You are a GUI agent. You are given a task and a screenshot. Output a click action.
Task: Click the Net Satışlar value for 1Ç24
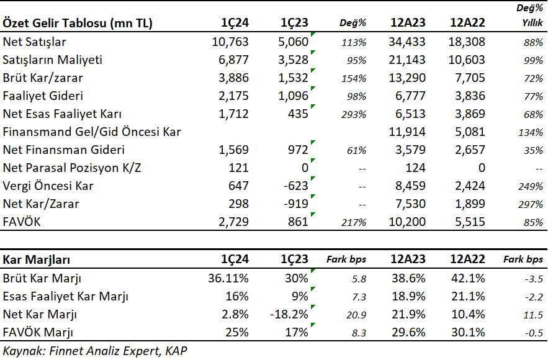click(x=230, y=42)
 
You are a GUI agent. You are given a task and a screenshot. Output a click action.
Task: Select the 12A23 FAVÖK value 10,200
click(x=407, y=222)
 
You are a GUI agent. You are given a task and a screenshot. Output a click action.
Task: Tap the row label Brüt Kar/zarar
click(x=43, y=78)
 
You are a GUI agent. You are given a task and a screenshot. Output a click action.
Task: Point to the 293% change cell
click(x=354, y=114)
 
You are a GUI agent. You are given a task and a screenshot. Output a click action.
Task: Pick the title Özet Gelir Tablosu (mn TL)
click(x=78, y=23)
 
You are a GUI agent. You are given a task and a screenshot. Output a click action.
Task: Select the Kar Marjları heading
click(x=37, y=259)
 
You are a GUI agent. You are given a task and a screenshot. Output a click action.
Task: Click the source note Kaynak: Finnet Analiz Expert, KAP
click(x=95, y=351)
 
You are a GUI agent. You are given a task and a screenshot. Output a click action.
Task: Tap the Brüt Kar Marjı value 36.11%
click(x=228, y=278)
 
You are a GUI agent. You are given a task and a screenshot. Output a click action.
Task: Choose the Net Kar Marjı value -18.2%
click(x=289, y=314)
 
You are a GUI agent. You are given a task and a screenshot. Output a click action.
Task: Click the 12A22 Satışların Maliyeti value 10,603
click(x=467, y=60)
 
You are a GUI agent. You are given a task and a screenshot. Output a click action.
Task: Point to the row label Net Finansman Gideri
click(x=63, y=150)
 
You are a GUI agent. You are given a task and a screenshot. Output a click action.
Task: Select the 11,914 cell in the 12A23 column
click(x=407, y=132)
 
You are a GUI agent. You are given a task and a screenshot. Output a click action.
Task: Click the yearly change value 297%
click(x=531, y=204)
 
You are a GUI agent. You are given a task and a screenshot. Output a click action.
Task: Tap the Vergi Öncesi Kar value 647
click(x=238, y=186)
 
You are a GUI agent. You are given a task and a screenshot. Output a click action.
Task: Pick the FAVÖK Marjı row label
click(x=38, y=332)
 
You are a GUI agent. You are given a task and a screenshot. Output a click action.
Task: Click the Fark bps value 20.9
click(x=356, y=315)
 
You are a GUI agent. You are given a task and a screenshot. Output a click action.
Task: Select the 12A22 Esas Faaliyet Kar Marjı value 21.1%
click(x=468, y=297)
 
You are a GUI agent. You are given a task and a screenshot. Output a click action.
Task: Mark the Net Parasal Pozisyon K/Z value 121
click(x=239, y=168)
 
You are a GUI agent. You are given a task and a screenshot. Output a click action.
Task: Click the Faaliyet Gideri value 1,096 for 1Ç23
click(x=294, y=96)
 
